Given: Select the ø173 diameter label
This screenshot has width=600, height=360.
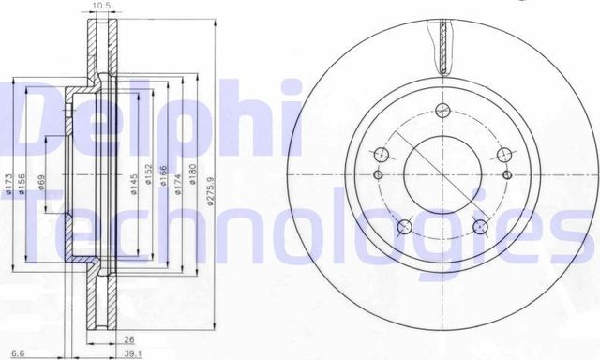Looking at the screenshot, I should pyautogui.click(x=7, y=181).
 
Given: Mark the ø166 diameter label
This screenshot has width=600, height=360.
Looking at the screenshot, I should pyautogui.click(x=167, y=181).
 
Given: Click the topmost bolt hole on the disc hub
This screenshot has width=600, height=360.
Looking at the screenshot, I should pyautogui.click(x=382, y=154).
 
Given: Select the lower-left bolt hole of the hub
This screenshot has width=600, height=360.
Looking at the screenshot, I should pyautogui.click(x=405, y=226).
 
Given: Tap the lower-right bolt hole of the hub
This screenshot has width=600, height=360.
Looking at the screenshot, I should pyautogui.click(x=480, y=226).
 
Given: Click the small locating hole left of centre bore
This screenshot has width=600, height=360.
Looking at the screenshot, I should pyautogui.click(x=379, y=173).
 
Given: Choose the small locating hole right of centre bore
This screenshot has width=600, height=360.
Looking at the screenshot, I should pyautogui.click(x=507, y=173).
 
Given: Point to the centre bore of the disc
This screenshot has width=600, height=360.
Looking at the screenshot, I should pyautogui.click(x=442, y=175).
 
